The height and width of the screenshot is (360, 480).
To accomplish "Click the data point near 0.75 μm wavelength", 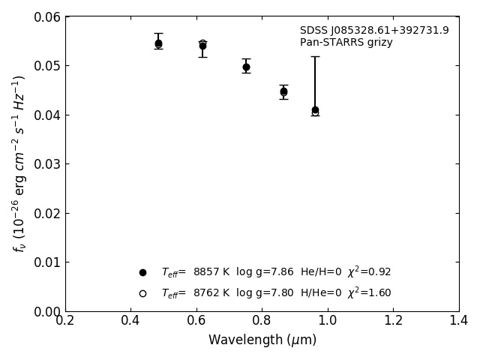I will coord(246,67).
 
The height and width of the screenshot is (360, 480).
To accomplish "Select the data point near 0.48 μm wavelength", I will coord(158,43).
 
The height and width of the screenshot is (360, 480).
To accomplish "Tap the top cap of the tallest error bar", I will coord(315,56).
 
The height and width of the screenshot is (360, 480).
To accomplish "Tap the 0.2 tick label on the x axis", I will coord(65,321).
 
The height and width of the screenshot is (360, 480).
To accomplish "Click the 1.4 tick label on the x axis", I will coord(459,321).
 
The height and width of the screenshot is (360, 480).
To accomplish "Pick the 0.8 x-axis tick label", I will coord(262,321).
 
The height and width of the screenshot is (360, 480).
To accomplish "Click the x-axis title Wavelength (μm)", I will coord(262,340).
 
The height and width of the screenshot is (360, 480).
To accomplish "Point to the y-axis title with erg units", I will coord(19,163).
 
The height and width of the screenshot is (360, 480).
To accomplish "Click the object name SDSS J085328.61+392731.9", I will coord(374,31).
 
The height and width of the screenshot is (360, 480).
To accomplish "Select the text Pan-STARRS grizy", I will coord(346,43).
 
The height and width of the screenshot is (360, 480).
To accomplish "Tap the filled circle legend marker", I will coord(142,272).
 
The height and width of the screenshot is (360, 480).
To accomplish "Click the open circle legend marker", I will coord(142,293).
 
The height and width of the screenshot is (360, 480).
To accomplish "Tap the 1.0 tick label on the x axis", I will coord(328,321).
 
